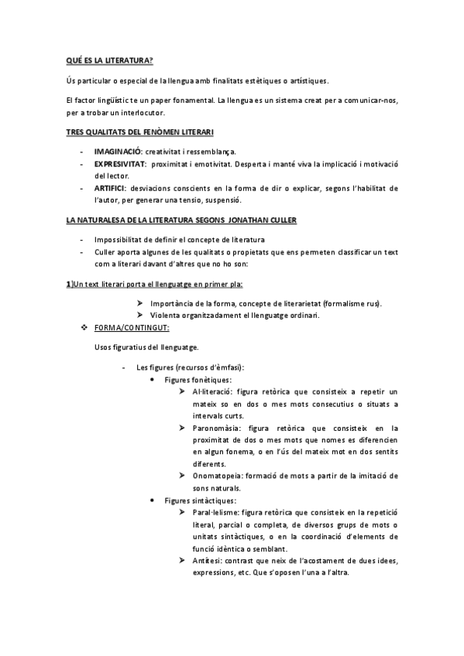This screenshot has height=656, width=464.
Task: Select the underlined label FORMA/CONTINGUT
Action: (x=126, y=328)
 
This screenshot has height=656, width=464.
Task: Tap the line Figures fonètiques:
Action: (x=198, y=380)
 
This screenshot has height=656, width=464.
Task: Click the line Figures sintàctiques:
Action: (x=200, y=500)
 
